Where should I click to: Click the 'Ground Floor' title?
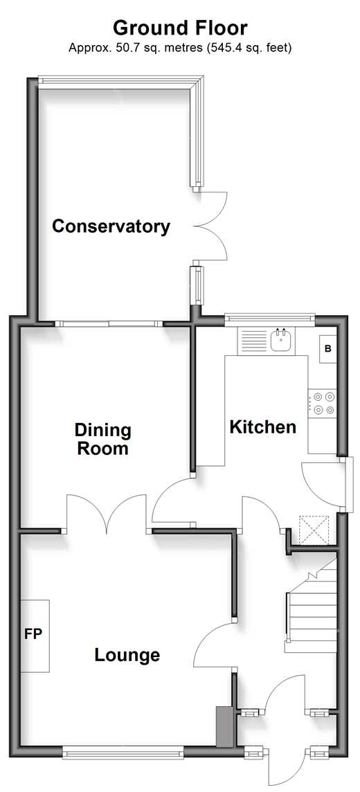[180, 28]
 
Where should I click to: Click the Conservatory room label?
[111, 226]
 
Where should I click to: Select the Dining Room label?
[103, 439]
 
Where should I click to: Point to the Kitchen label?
[262, 427]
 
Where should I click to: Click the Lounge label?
[127, 655]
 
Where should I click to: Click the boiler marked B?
[327, 349]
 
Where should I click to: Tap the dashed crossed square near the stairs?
[314, 530]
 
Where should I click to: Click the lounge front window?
[124, 754]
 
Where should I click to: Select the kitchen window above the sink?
[269, 317]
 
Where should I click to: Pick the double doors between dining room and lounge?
[107, 513]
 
